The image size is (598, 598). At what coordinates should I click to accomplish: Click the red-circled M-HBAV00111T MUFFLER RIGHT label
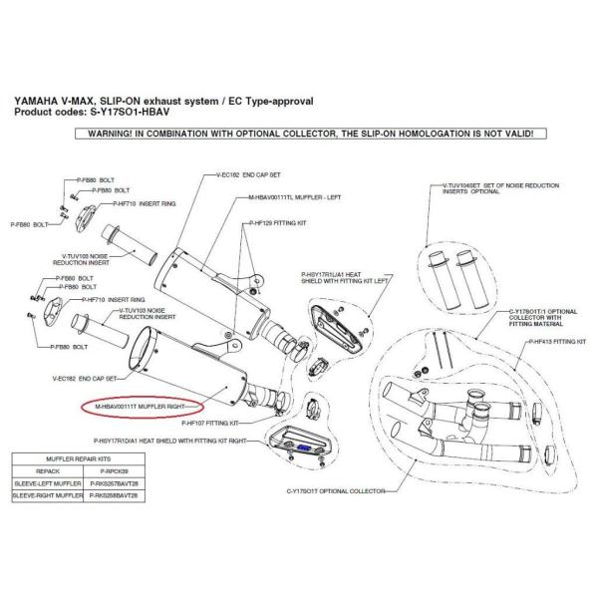coord(141,408)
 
